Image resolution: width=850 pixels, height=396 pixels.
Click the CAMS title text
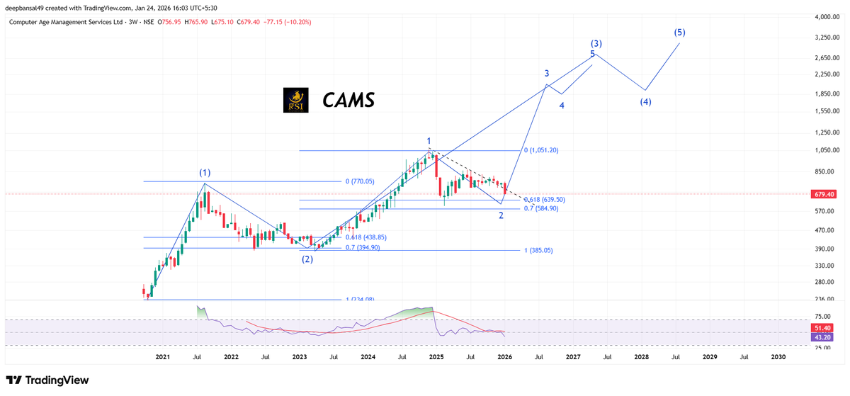tap(348, 101)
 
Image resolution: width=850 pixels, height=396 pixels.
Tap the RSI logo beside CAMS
tap(295, 101)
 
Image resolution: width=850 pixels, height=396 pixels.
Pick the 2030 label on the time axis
tap(777, 357)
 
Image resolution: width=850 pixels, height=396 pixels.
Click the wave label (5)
tap(680, 33)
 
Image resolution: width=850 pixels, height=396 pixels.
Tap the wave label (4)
tap(645, 101)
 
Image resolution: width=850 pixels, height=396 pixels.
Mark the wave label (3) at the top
tap(596, 43)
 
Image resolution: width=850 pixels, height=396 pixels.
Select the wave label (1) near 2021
tap(204, 172)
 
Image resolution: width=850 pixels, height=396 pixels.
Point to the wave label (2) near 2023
tap(307, 259)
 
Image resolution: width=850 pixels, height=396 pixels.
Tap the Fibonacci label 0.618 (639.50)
tap(543, 200)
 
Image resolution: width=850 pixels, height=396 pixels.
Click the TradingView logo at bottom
tap(49, 380)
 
